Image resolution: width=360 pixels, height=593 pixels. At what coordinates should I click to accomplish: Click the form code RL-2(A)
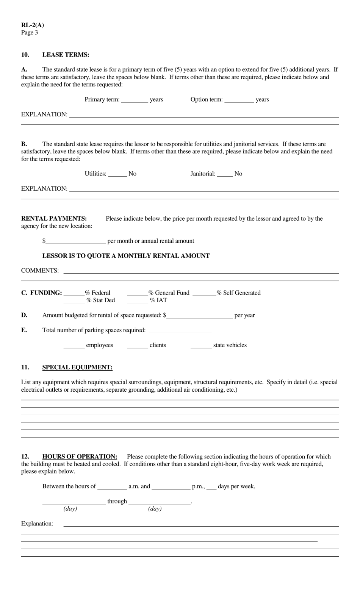[x=33, y=25]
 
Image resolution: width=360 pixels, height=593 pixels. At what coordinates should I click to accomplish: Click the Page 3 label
[x=30, y=33]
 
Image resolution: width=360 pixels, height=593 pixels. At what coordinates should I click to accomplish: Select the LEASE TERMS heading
[x=66, y=55]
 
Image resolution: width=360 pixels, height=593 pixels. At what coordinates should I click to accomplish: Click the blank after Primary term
[x=135, y=100]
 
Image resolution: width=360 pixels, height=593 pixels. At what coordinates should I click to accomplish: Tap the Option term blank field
[x=239, y=100]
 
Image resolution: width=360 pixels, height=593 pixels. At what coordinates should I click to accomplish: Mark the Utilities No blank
[x=117, y=174]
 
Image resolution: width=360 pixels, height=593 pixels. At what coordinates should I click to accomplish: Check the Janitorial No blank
[x=225, y=174]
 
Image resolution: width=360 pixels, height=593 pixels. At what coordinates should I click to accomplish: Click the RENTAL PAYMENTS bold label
[x=54, y=218]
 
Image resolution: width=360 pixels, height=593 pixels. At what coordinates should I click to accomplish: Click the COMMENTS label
[x=40, y=271]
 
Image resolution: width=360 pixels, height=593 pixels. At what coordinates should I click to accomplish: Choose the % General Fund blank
[x=137, y=293]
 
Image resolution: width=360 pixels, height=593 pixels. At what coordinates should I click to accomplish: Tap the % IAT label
[x=158, y=300]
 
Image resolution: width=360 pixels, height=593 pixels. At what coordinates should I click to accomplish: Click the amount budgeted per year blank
[x=199, y=316]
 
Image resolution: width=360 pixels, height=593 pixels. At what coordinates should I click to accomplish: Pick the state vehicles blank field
[x=201, y=346]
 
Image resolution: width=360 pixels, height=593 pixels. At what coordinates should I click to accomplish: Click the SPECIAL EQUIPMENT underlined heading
[x=77, y=367]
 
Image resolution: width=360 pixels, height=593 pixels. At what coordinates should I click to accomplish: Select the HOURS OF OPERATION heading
[x=80, y=457]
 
